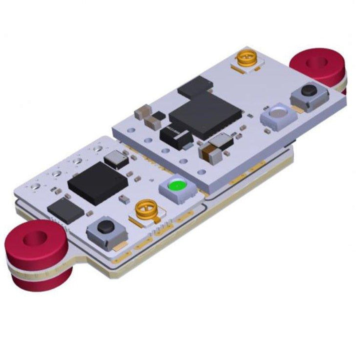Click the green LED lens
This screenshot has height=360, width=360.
coord(177,187)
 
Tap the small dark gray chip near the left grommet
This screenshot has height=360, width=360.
coord(65,210)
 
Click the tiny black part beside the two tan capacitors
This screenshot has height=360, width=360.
coord(158,115)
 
